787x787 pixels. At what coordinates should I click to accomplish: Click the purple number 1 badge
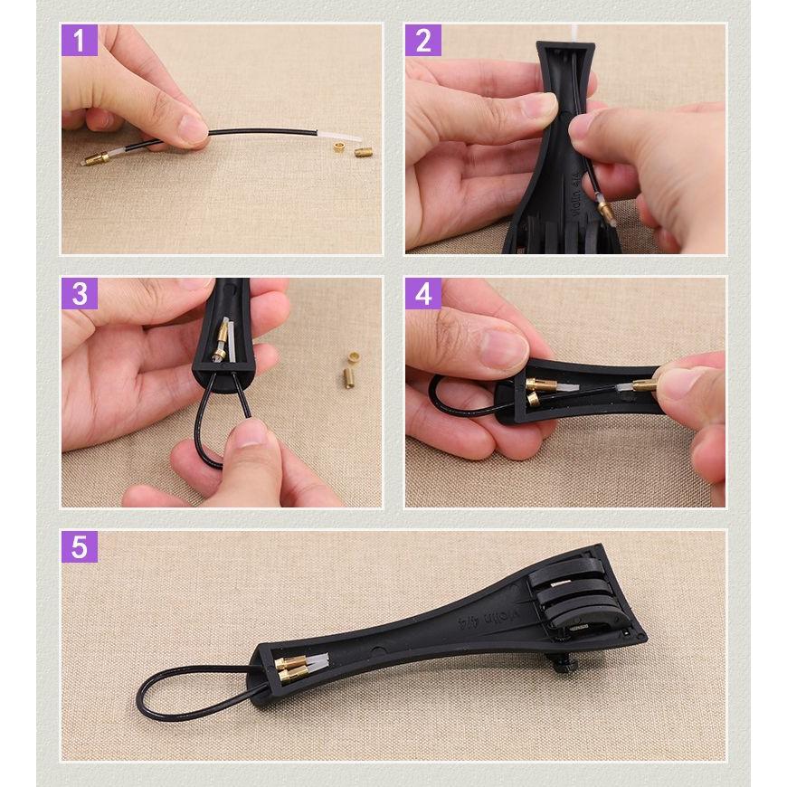tap(80, 40)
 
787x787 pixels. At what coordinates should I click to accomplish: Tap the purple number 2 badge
tap(423, 40)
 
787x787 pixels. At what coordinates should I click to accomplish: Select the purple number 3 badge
tap(80, 294)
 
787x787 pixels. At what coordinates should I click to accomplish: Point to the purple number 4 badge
tap(423, 294)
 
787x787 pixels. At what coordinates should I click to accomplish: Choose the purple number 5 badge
tap(80, 546)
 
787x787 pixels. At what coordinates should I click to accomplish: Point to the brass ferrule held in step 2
tap(606, 208)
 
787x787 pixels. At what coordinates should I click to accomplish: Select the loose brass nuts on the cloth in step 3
tap(350, 369)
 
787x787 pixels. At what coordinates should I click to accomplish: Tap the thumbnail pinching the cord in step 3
tap(251, 433)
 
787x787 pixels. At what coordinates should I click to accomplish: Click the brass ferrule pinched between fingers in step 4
tap(644, 385)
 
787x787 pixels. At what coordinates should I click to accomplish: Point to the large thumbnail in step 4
tap(504, 347)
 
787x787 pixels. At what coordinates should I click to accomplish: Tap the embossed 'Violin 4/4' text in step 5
tap(488, 619)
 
